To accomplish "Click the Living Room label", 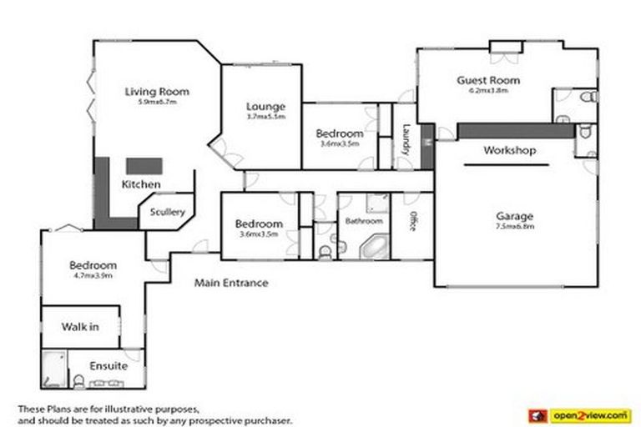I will click(x=157, y=92).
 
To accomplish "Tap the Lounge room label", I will click(x=266, y=107).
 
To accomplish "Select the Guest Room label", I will click(x=488, y=80).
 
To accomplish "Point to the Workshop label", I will click(x=510, y=151).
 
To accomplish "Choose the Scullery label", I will click(x=168, y=212).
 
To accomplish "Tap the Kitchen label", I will click(x=141, y=183).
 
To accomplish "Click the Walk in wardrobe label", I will click(x=80, y=326).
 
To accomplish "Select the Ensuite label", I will click(x=109, y=365).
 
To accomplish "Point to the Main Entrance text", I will click(x=231, y=283).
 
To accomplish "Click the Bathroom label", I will click(x=364, y=221).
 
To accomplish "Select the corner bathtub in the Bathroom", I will click(x=371, y=247).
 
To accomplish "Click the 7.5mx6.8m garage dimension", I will click(x=514, y=225).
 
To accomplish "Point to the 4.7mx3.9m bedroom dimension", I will click(x=93, y=274).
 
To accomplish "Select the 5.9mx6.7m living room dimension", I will click(x=157, y=102).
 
